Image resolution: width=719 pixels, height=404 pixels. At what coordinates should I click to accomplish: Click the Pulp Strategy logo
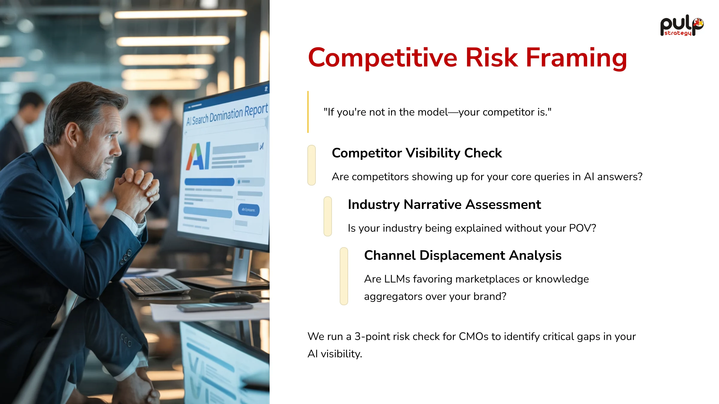coord(682,25)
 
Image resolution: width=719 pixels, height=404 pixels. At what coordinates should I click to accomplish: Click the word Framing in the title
coord(576,58)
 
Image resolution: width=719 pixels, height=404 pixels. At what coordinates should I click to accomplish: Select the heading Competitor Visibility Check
coord(417,153)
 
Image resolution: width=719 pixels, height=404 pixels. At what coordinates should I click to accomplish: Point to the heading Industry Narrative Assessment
coord(444,204)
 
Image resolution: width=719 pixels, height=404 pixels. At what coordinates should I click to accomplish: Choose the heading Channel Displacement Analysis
coord(463,255)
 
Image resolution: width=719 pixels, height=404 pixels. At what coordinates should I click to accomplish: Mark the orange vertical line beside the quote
coord(308,112)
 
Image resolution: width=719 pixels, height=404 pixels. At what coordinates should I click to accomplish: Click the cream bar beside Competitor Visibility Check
coord(312,165)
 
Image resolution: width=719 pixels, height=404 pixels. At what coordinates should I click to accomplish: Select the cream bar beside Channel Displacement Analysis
coord(344,276)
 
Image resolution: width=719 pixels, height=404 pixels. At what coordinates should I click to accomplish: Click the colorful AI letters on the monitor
coord(198,156)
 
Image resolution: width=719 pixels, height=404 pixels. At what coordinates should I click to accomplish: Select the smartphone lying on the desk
coord(215,307)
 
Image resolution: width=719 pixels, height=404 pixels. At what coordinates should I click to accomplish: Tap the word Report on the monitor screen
coord(256,110)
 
